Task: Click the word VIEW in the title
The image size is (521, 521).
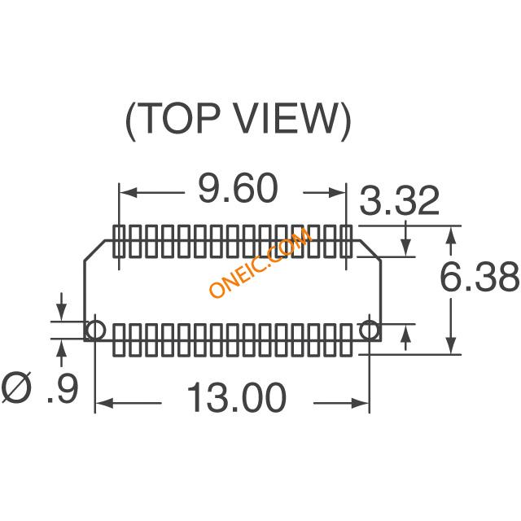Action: [283, 119]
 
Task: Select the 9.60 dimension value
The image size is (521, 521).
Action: [238, 188]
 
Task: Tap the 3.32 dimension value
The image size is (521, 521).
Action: [400, 201]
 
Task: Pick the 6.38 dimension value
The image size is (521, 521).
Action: [479, 277]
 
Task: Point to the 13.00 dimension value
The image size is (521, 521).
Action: [237, 397]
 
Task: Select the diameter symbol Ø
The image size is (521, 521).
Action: [17, 387]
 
